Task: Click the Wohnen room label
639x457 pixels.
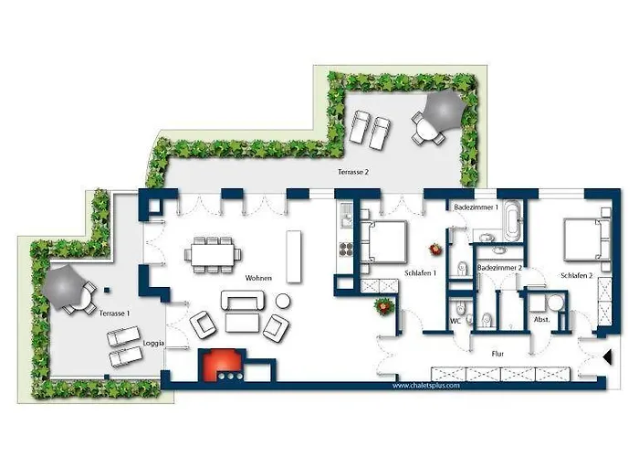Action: [258, 278]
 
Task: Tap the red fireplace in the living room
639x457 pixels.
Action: [222, 365]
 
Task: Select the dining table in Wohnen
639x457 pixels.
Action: [213, 255]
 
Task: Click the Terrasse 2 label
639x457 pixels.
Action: [353, 172]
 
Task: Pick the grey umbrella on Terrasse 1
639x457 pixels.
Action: [64, 287]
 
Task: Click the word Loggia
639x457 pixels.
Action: [153, 344]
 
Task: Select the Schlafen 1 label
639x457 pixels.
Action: [421, 273]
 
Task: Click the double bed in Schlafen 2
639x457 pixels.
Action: [587, 239]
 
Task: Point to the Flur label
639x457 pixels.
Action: [498, 354]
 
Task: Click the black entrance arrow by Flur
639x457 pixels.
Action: [608, 357]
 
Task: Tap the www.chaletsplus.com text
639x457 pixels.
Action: [426, 385]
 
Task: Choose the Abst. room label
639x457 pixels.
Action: [541, 320]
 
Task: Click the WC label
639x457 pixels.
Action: [456, 321]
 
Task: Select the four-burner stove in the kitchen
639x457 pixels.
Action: [346, 249]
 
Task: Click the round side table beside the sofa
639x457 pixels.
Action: [283, 301]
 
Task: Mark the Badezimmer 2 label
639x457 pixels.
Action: [499, 268]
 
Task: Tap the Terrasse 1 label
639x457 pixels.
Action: [114, 314]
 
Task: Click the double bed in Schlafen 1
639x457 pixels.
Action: [383, 241]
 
